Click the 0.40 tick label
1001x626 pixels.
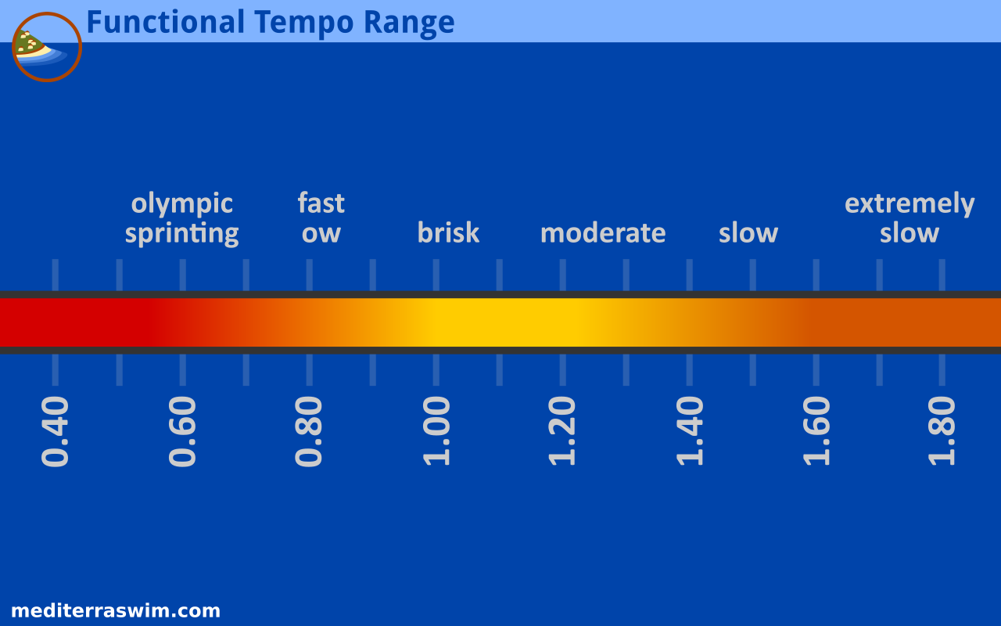[x=55, y=431]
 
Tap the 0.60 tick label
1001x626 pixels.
[x=182, y=431]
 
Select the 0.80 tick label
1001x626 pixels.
[x=309, y=431]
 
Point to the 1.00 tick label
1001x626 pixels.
[x=436, y=431]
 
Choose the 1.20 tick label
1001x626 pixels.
[x=562, y=431]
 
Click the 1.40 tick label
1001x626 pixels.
[x=690, y=431]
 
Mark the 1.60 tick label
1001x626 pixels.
[x=816, y=431]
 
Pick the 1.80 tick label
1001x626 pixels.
[x=942, y=431]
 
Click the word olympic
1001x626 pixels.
[x=182, y=205]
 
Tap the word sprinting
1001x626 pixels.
[x=182, y=234]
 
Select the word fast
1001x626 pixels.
[x=321, y=203]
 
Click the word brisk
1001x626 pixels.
[x=448, y=232]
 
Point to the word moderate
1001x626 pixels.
[x=603, y=233]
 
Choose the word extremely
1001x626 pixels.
[x=910, y=204]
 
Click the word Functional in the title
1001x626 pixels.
[x=166, y=22]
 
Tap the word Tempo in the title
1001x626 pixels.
[x=304, y=23]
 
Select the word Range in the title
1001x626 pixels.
[x=409, y=23]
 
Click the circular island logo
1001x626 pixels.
[x=47, y=47]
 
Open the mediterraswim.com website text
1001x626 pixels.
[x=116, y=611]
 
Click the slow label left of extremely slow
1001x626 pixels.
[x=748, y=233]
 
